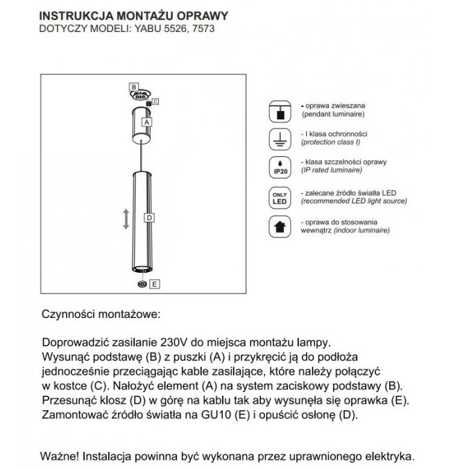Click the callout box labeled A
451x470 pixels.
146,121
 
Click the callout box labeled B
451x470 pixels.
133,86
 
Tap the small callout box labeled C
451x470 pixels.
155,101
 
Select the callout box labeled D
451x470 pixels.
148,217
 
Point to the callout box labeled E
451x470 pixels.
155,283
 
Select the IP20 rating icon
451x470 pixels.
279,167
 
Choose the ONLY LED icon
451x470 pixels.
279,196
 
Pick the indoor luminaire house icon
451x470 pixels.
279,226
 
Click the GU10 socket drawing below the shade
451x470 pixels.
142,283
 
